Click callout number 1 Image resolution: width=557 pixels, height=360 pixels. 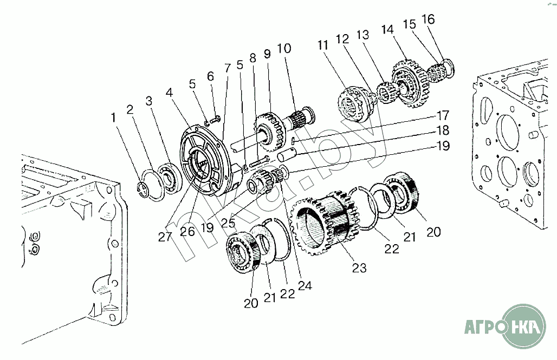click(x=113, y=117)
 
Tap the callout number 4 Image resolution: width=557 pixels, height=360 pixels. click(x=170, y=93)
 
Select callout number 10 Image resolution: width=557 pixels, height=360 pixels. click(x=284, y=49)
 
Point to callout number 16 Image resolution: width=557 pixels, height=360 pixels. click(x=428, y=20)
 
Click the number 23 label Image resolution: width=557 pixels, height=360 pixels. click(x=359, y=267)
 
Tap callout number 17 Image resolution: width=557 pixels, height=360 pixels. click(x=443, y=115)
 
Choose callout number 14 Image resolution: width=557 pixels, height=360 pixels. click(x=388, y=29)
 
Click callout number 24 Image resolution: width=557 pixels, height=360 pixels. click(x=305, y=286)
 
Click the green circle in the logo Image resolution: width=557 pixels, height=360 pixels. click(x=524, y=326)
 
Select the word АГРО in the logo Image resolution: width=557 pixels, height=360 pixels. click(x=484, y=328)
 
